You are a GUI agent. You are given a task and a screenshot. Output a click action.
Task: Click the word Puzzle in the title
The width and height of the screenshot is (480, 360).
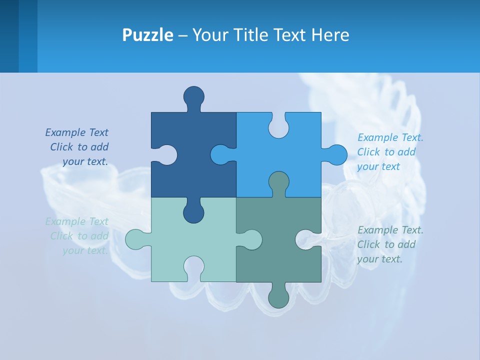tap(147, 35)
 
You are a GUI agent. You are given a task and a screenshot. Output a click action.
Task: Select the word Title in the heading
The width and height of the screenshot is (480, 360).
tap(270, 35)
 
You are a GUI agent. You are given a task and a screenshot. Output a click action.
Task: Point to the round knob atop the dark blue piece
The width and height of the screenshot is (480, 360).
tap(193, 96)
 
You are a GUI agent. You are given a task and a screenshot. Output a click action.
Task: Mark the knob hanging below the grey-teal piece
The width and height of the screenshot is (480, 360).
tap(278, 298)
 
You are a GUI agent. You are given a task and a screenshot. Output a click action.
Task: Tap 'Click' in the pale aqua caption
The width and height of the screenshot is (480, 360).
tap(62, 236)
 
